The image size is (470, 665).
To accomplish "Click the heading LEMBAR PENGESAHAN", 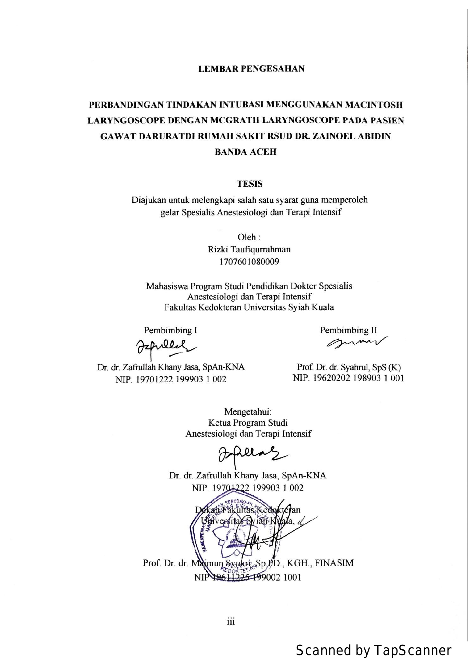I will [x=251, y=69].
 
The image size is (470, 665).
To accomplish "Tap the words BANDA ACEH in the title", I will [x=245, y=152].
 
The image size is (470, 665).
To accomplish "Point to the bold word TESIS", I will [x=250, y=184].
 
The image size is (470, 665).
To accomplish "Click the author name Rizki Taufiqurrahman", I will [x=249, y=249].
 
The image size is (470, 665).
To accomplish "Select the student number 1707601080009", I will [x=249, y=262].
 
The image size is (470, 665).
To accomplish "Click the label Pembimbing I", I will [x=170, y=330].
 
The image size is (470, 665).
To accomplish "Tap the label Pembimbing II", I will [x=348, y=330].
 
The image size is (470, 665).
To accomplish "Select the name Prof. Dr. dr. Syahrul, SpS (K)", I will [x=349, y=367].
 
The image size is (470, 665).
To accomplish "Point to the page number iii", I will [x=231, y=621].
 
